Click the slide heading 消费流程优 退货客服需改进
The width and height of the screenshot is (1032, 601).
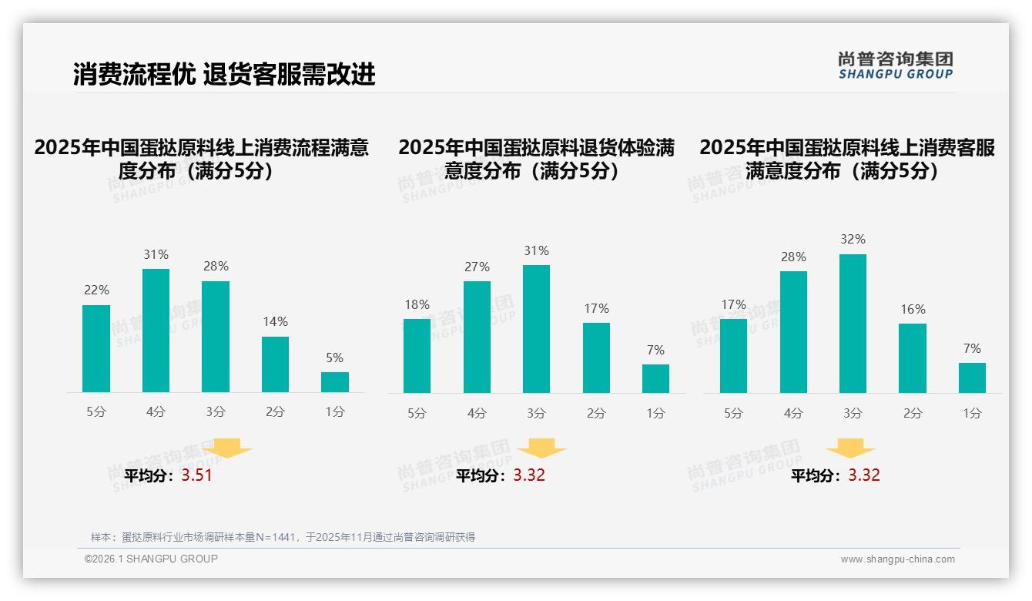click(224, 74)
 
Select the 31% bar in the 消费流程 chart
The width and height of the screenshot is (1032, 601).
click(156, 331)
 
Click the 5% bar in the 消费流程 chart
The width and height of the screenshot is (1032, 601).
click(335, 382)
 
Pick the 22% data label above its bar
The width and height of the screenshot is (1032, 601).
click(96, 290)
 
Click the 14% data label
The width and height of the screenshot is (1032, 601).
click(275, 321)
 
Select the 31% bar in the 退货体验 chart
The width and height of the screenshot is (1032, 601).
click(536, 329)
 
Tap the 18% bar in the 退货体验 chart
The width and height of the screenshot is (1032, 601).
click(417, 355)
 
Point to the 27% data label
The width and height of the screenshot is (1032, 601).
click(477, 267)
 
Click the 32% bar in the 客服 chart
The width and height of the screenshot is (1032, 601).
click(853, 324)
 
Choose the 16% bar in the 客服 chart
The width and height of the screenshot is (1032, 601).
click(913, 358)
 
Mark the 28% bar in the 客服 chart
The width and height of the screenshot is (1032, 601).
click(793, 332)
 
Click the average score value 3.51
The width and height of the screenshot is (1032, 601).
click(196, 475)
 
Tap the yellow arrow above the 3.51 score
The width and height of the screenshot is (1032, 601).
click(227, 448)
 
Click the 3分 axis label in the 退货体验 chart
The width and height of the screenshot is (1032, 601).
click(536, 414)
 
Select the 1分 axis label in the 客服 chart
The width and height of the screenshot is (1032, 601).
click(972, 414)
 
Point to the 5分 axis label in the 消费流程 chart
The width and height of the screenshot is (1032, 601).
click(96, 412)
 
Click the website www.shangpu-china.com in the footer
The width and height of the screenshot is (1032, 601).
click(897, 559)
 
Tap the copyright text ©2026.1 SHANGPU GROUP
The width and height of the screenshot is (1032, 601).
click(151, 559)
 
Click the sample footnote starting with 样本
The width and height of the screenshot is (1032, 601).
click(283, 537)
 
